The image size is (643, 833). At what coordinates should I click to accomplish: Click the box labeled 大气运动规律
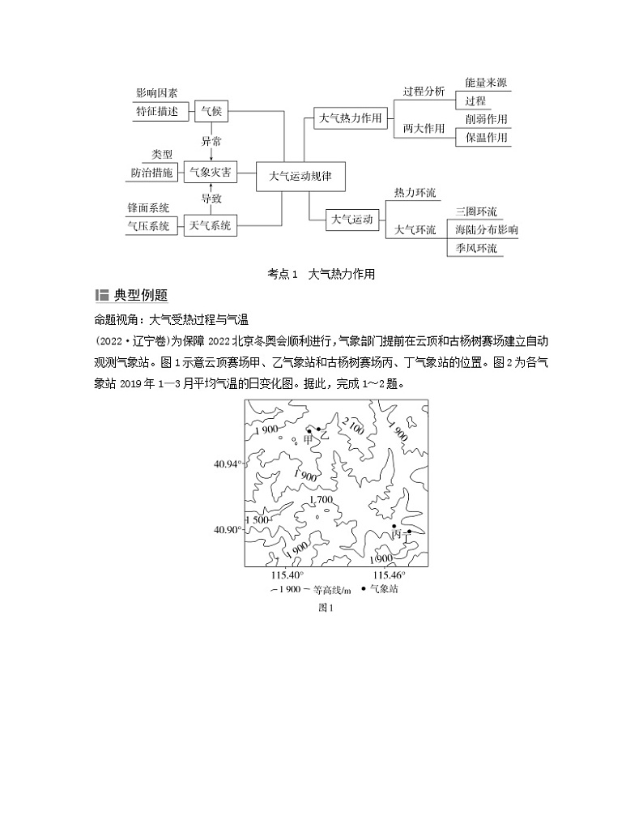tap(301, 175)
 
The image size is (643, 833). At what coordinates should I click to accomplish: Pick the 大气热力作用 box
tap(348, 119)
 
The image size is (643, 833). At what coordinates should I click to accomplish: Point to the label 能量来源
tap(486, 83)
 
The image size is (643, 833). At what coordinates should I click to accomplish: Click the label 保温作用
tap(486, 137)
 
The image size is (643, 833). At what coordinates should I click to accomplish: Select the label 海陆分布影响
tap(486, 230)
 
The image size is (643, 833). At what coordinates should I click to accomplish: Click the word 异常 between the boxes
tap(211, 142)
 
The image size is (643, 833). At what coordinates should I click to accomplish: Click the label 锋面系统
tap(148, 208)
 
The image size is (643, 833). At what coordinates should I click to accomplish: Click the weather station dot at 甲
tap(309, 431)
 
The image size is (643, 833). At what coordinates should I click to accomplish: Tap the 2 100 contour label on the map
tap(353, 425)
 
